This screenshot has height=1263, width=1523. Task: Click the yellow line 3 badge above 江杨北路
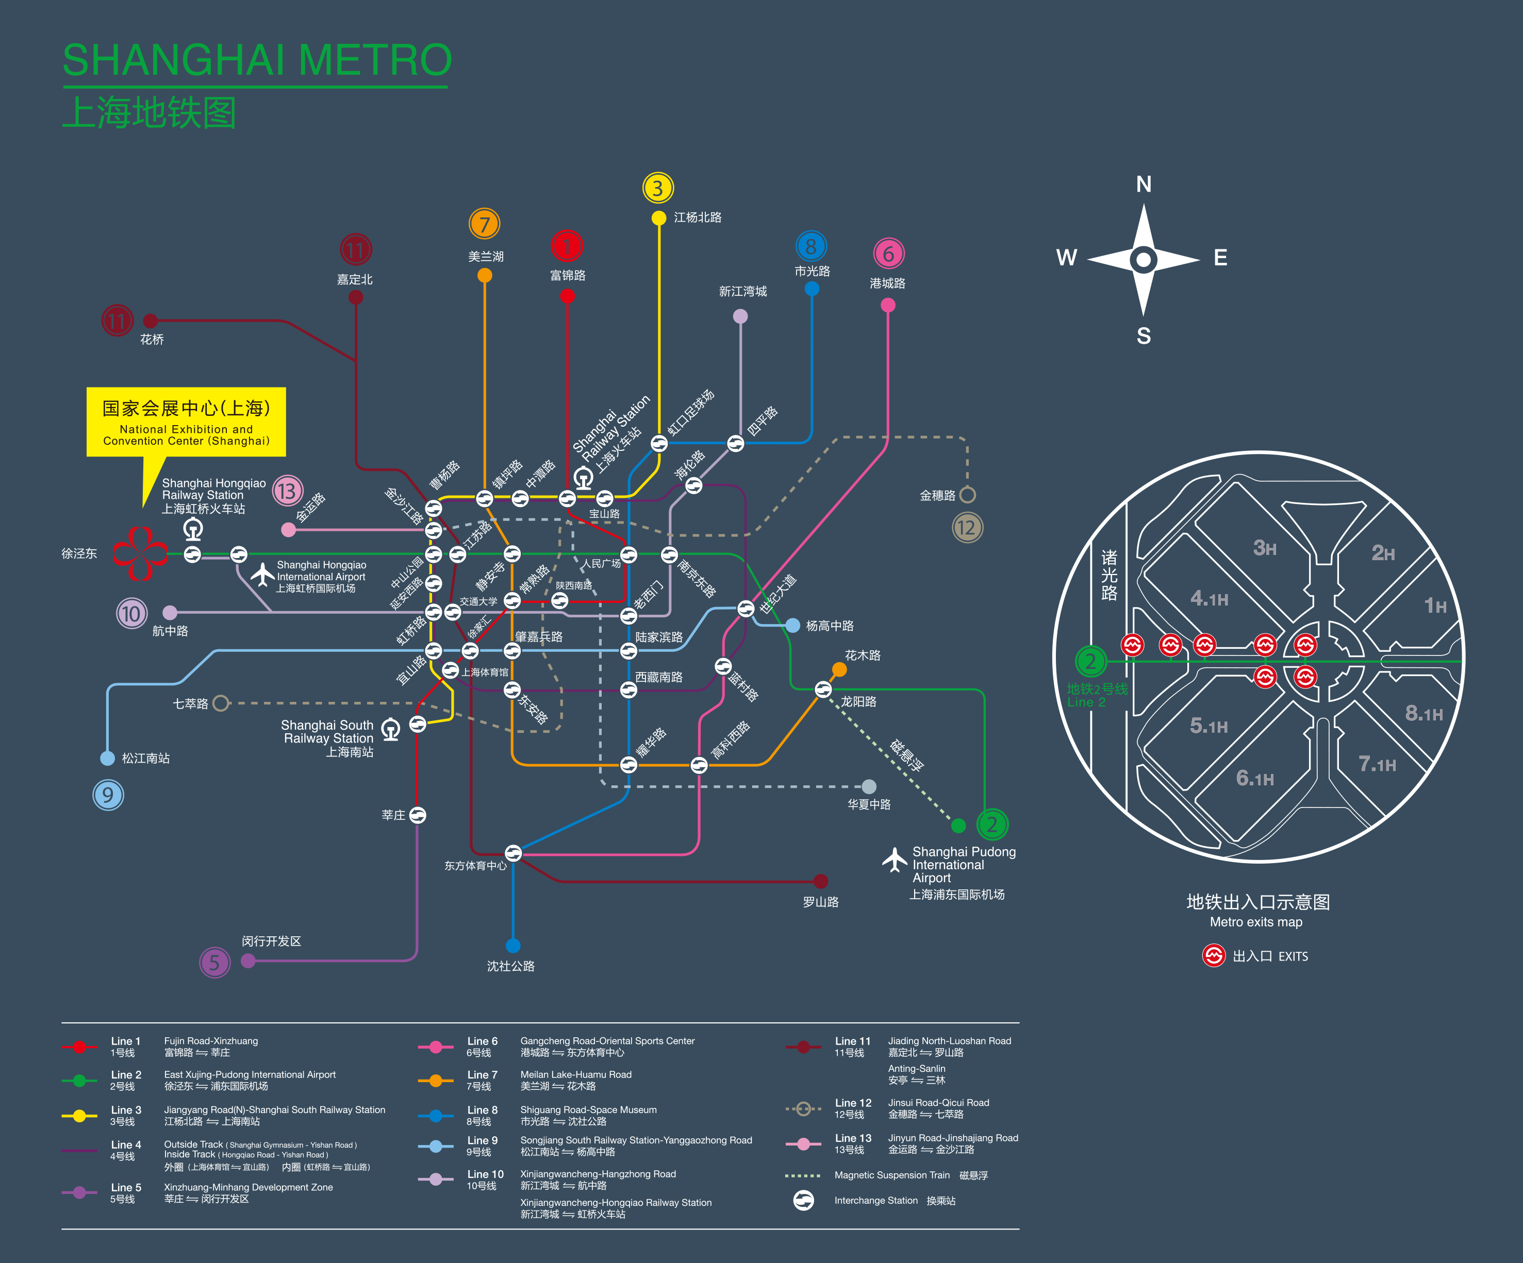[658, 189]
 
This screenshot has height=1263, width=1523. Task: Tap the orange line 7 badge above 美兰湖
[485, 224]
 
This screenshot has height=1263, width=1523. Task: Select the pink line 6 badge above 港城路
[888, 254]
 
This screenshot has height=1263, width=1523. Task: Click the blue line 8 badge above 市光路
[811, 246]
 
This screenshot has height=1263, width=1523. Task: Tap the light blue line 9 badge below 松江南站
[108, 795]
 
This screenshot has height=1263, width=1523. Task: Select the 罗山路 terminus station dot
[820, 881]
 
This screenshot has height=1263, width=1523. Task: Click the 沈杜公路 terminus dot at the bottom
[513, 946]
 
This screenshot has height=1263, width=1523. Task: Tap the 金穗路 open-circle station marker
[967, 495]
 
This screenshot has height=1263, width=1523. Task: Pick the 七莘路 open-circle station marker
[221, 703]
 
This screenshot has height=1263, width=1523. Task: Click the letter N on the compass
[1144, 184]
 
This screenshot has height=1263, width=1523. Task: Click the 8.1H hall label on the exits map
[1423, 713]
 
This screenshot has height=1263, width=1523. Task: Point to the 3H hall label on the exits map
[1265, 548]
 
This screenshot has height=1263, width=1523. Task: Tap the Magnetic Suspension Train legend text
[891, 1175]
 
